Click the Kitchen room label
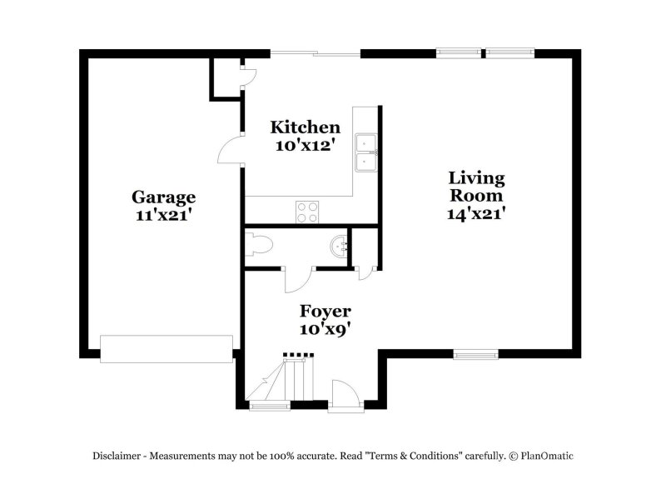click(x=305, y=127)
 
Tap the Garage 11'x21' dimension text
click(x=162, y=216)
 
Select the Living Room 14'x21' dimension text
click(x=475, y=213)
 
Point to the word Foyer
click(x=325, y=312)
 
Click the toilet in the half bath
click(x=259, y=245)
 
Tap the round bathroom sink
click(x=340, y=246)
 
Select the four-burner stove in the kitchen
click(x=307, y=212)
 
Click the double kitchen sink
click(x=365, y=153)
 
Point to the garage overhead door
click(x=166, y=349)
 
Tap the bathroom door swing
click(x=298, y=281)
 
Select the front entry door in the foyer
click(x=345, y=395)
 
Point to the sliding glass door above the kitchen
click(x=316, y=53)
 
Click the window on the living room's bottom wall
click(x=475, y=354)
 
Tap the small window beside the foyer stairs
click(x=269, y=407)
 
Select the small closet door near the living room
click(x=365, y=273)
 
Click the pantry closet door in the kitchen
click(x=249, y=77)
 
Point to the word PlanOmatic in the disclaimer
click(x=547, y=456)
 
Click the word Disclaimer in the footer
click(x=117, y=456)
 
